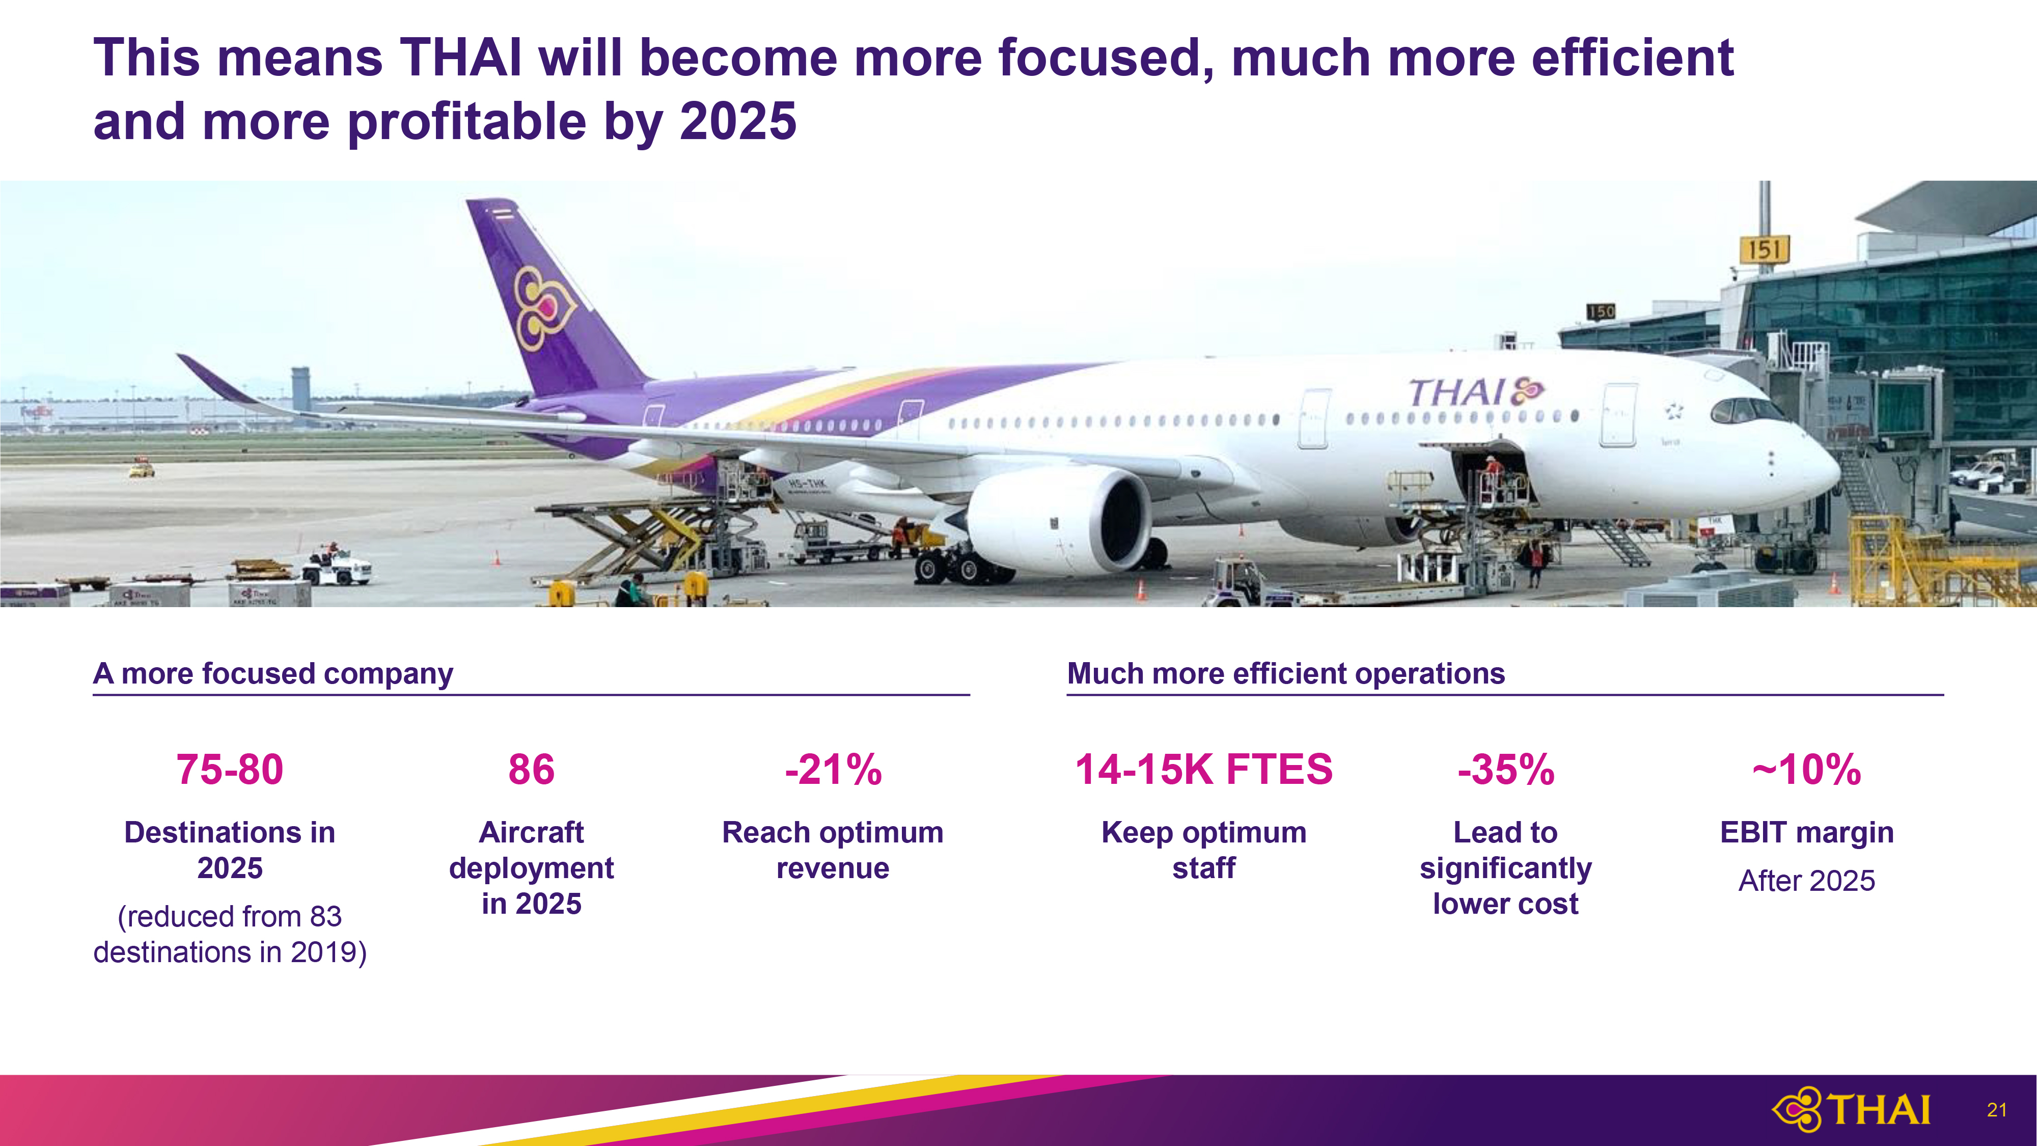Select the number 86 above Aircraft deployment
coord(531,770)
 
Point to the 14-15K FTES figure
coord(1203,770)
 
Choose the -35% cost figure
coord(1506,770)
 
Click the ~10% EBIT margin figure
coord(1807,770)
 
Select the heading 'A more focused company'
coord(273,674)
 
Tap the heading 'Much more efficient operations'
coord(1286,674)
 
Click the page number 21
coord(1997,1110)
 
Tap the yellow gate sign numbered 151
coord(1764,250)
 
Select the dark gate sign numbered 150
coord(1601,312)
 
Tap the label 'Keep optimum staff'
coord(1203,850)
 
